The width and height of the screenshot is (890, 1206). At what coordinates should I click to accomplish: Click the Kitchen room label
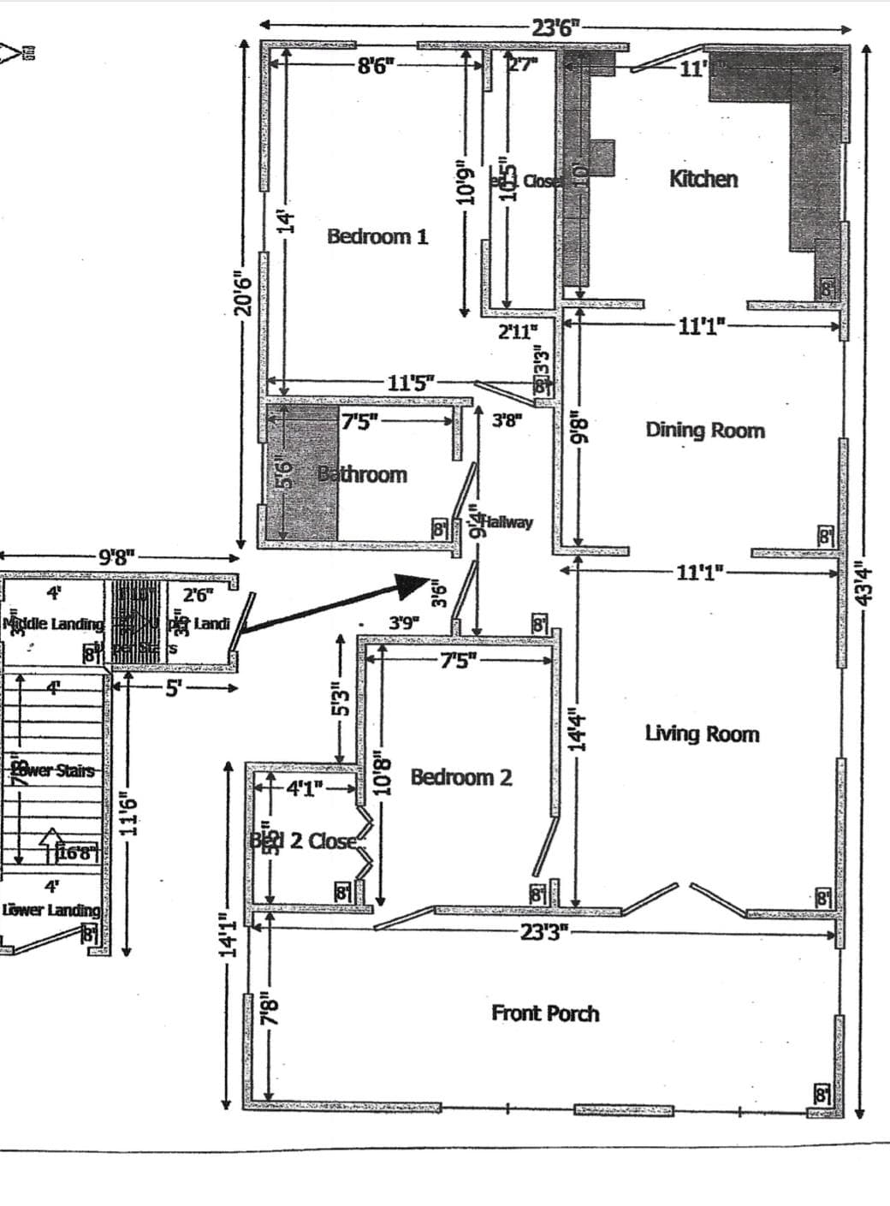(703, 179)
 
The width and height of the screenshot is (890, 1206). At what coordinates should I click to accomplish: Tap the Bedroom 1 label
(377, 236)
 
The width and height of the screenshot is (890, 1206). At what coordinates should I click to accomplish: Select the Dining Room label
(705, 430)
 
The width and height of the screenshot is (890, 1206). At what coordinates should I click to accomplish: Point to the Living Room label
(702, 734)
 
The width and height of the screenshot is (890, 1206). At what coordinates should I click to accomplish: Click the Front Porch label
(545, 1013)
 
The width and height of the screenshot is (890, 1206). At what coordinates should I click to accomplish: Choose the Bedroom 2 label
(461, 777)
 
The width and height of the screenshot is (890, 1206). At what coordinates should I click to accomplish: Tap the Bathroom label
(363, 474)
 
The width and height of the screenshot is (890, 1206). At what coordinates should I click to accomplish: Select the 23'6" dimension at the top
(555, 27)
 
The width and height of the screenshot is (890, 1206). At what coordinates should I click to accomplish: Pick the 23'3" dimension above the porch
(544, 933)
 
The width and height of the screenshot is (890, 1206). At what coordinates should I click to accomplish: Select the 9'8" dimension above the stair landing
(116, 561)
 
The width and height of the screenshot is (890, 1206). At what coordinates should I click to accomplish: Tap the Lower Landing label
(51, 910)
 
